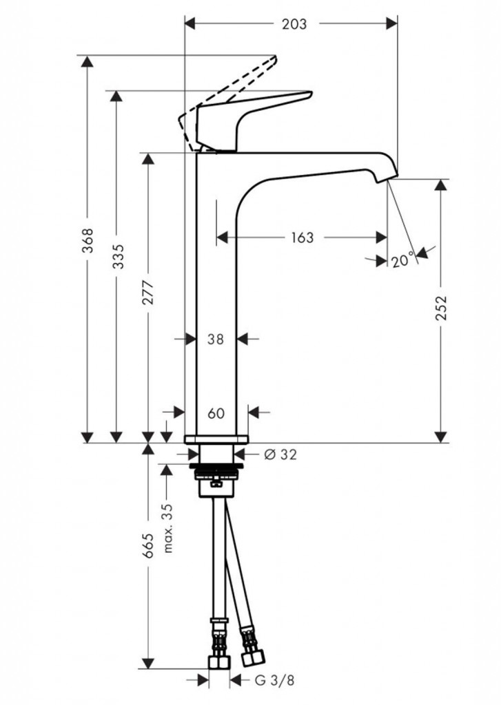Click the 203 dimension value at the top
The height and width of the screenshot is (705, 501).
(294, 24)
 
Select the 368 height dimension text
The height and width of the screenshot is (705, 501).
(88, 240)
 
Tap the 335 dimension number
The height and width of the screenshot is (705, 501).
(118, 256)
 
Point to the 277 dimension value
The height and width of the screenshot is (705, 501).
(147, 293)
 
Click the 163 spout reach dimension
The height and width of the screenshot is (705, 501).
(301, 238)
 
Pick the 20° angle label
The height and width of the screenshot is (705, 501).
(402, 260)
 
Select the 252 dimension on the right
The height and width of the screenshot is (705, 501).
(441, 309)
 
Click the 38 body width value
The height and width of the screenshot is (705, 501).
(216, 339)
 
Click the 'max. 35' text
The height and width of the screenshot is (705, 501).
(167, 528)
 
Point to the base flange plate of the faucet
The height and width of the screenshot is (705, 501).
(216, 439)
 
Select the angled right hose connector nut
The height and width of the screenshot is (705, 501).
(249, 655)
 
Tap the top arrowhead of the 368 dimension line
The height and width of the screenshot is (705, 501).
(87, 61)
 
